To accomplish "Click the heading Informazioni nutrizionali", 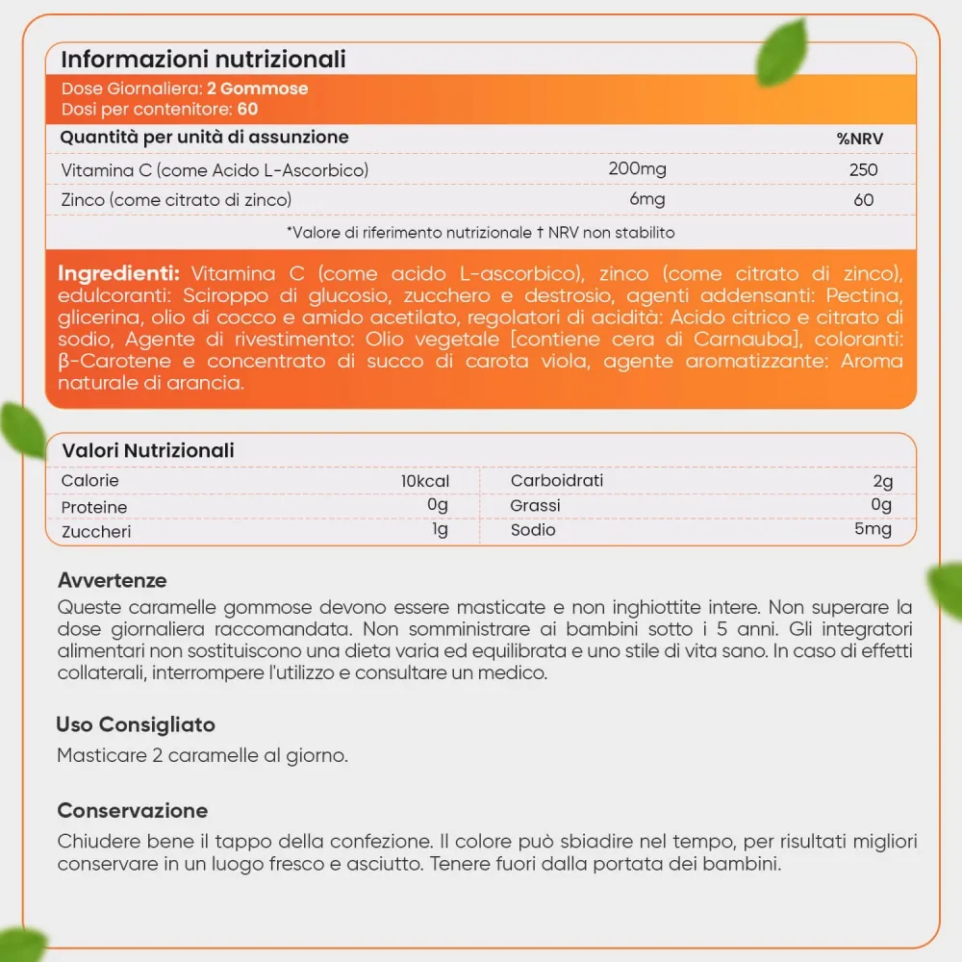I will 203,59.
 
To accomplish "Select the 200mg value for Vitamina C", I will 637,169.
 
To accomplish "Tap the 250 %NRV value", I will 863,170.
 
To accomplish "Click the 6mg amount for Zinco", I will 646,199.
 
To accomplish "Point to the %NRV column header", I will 860,139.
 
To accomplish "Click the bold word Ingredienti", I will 119,272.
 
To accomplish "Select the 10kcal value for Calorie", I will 425,481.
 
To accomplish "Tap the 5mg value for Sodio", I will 872,529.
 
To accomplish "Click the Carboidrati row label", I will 557,481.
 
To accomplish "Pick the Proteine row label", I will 94,507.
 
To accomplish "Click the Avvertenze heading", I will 113,580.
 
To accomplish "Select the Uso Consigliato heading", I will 136,724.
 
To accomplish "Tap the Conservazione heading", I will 133,810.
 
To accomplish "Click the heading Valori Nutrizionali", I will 148,450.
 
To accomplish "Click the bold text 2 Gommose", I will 258,89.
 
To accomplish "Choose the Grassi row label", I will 535,505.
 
